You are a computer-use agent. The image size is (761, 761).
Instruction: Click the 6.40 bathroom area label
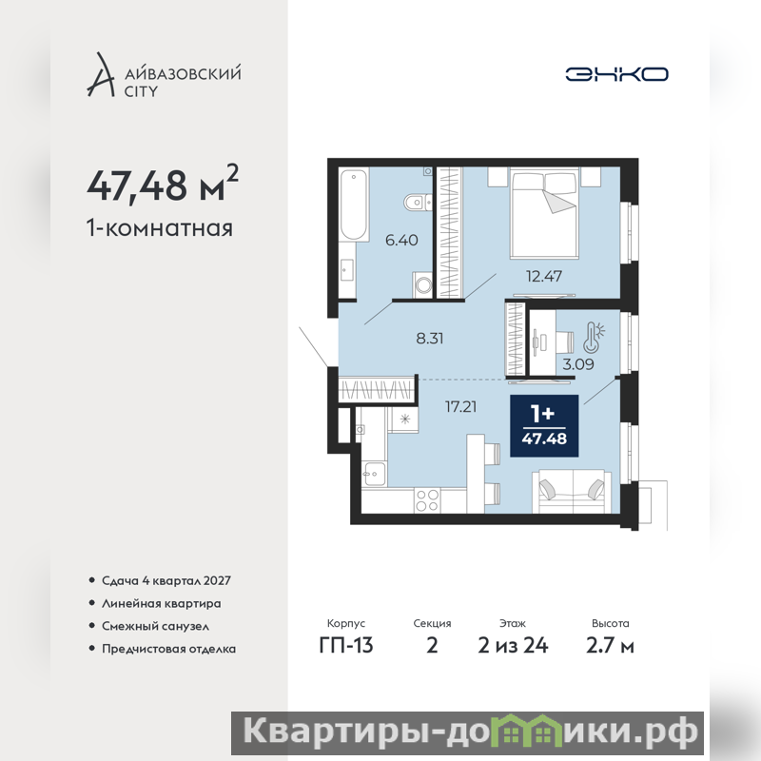pyautogui.click(x=401, y=240)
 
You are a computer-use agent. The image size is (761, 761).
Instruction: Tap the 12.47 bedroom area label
pyautogui.click(x=544, y=276)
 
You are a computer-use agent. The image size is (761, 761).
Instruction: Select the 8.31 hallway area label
pyautogui.click(x=430, y=338)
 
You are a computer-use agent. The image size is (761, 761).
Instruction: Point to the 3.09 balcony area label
pyautogui.click(x=578, y=364)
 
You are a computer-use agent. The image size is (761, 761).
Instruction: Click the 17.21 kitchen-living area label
pyautogui.click(x=460, y=406)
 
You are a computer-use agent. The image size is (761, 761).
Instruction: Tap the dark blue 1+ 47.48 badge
pyautogui.click(x=544, y=425)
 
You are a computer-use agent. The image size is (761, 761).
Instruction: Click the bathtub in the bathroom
pyautogui.click(x=353, y=205)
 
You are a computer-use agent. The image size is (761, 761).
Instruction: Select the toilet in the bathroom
pyautogui.click(x=418, y=203)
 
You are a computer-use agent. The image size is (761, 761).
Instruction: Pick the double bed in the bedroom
pyautogui.click(x=544, y=213)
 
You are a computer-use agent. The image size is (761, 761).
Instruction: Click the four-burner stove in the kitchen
pyautogui.click(x=427, y=500)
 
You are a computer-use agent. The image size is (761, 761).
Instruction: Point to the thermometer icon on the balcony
pyautogui.click(x=594, y=337)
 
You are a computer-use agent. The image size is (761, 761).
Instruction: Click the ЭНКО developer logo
pyautogui.click(x=616, y=74)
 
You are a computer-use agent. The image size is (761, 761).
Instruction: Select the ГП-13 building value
pyautogui.click(x=346, y=646)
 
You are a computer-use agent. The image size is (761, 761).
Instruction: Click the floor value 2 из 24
pyautogui.click(x=513, y=646)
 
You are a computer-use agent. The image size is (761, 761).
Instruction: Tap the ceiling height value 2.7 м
pyautogui.click(x=610, y=646)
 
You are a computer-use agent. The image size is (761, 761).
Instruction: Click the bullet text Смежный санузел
pyautogui.click(x=155, y=626)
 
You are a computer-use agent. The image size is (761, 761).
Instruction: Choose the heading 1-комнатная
pyautogui.click(x=160, y=227)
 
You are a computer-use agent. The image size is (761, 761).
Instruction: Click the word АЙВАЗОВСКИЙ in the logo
pyautogui.click(x=183, y=73)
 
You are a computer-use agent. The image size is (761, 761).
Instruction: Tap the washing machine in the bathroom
pyautogui.click(x=422, y=284)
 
